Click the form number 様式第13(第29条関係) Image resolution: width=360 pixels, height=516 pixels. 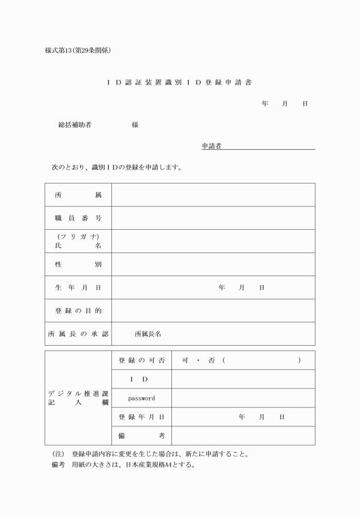(78, 50)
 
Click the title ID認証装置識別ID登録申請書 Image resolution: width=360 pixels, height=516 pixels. (179, 82)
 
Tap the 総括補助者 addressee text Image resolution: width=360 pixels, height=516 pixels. (75, 125)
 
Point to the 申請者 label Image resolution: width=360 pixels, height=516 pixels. (211, 146)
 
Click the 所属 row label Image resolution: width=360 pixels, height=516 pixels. (78, 195)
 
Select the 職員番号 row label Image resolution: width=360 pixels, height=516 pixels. (78, 218)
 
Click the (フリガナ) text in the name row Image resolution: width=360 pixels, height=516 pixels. (78, 237)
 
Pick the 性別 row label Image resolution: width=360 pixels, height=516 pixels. (78, 265)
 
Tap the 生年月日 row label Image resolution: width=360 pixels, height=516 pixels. (78, 287)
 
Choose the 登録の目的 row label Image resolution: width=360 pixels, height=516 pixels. (78, 310)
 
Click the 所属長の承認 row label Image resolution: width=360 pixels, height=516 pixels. (78, 334)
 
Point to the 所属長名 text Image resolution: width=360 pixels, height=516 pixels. (148, 334)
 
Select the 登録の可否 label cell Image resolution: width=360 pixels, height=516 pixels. (142, 361)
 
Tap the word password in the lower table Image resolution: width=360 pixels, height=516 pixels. (141, 398)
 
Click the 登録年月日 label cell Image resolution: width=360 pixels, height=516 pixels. (142, 417)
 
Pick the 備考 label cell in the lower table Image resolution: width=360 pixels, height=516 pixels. (142, 436)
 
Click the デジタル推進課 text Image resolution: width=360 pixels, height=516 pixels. (78, 394)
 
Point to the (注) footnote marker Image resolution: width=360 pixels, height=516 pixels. (58, 454)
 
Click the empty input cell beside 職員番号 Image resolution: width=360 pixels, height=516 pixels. (213, 218)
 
